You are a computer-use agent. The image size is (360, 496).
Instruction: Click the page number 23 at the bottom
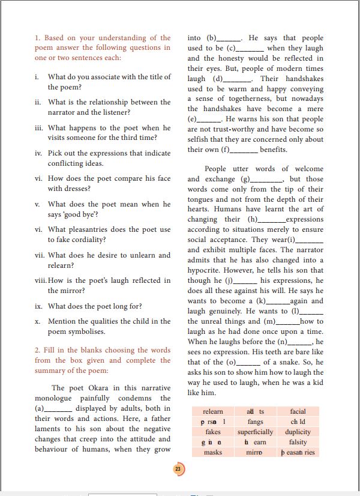(178, 469)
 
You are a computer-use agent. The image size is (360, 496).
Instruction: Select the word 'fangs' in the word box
(255, 422)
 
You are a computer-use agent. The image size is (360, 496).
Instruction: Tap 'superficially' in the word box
(255, 432)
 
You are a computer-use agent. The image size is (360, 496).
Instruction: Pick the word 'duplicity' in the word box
(298, 432)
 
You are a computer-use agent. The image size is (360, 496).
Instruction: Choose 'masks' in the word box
(213, 453)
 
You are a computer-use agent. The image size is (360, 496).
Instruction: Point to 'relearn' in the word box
(213, 412)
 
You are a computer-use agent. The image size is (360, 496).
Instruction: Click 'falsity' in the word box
(298, 443)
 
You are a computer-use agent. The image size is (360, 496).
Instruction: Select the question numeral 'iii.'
(39, 128)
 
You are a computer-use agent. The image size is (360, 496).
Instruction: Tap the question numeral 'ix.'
(38, 306)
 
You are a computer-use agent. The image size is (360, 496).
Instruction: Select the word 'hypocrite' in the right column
(206, 271)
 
